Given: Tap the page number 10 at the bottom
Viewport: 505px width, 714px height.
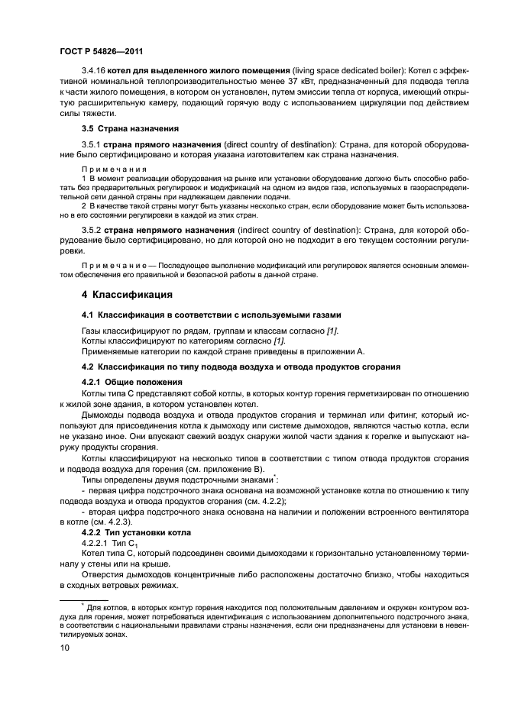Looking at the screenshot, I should coord(66,648).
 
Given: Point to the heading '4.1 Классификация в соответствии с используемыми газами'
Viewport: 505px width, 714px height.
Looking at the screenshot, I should coord(201,315).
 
